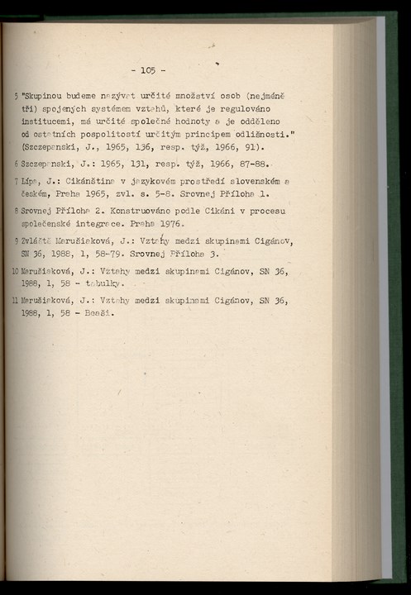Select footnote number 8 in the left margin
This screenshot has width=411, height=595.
click(17, 211)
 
